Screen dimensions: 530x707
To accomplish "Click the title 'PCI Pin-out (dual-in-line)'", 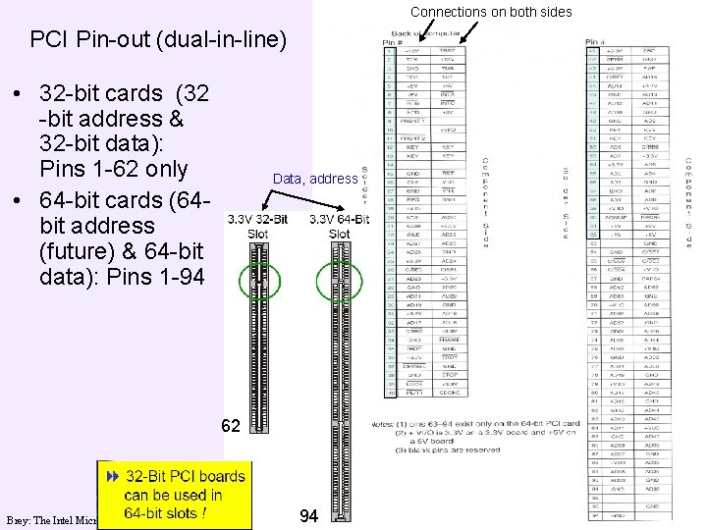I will [158, 40].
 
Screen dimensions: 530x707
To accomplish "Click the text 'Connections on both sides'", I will [491, 12].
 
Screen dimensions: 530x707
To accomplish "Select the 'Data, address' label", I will [314, 179].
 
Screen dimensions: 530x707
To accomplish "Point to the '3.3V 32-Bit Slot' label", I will [257, 226].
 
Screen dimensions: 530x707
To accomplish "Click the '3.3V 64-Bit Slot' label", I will [340, 226].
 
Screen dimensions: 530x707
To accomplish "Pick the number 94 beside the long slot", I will [308, 515].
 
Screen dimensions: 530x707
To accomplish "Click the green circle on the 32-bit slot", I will [259, 282].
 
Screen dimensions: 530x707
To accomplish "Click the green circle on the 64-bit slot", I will [339, 282].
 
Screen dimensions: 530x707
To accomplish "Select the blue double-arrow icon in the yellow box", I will [112, 475].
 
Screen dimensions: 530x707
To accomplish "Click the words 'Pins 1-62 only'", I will [113, 169].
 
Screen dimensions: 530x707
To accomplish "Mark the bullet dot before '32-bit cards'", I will [18, 95].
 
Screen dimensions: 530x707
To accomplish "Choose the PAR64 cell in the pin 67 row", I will [650, 278].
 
